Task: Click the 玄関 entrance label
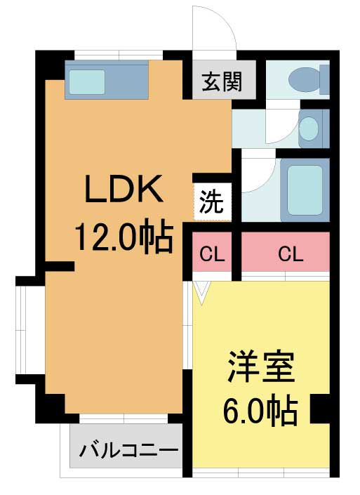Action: [222, 81]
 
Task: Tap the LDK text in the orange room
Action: [124, 188]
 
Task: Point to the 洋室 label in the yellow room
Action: [262, 367]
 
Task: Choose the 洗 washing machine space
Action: [212, 202]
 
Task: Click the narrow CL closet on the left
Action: [212, 251]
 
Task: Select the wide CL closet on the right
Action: [286, 251]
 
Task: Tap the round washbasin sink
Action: [308, 128]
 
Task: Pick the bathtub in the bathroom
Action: [305, 190]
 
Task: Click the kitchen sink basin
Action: [87, 81]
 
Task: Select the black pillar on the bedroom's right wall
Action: [320, 409]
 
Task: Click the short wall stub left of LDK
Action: [60, 266]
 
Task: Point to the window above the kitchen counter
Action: [119, 55]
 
